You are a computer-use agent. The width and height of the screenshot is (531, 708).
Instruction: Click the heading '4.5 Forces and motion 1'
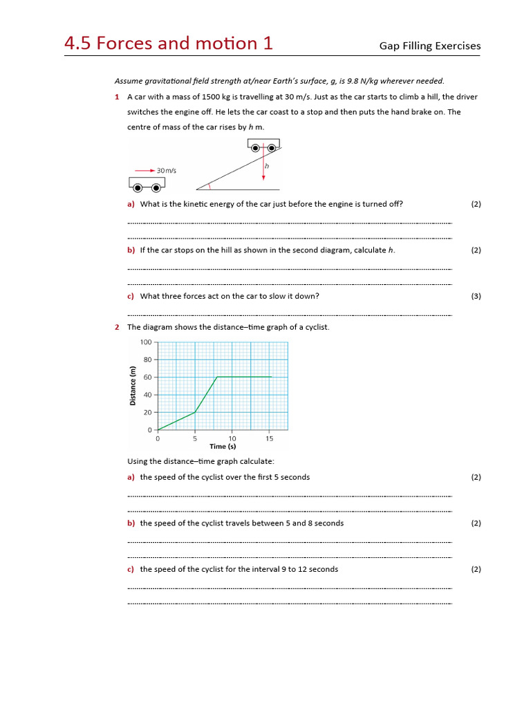tap(168, 44)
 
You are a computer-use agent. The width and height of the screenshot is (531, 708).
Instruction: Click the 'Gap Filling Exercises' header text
tap(429, 46)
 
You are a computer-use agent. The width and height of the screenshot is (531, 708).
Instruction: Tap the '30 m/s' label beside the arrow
tap(167, 170)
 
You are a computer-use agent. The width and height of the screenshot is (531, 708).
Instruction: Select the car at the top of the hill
tap(264, 145)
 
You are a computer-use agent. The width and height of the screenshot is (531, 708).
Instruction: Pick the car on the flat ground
tap(147, 184)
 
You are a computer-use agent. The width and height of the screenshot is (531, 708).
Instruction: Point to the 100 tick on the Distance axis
tap(146, 342)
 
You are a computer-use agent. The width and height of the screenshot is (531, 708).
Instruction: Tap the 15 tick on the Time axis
tap(270, 438)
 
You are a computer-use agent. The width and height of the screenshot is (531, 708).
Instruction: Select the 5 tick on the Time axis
tap(195, 438)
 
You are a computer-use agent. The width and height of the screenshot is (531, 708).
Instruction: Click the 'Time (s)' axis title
tap(223, 447)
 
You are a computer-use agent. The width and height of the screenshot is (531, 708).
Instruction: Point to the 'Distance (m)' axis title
tap(133, 386)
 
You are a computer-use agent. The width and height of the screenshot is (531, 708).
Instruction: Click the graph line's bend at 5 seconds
tap(195, 413)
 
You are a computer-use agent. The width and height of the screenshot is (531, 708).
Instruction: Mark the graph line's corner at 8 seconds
tap(217, 377)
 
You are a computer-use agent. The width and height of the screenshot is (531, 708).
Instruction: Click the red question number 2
tap(117, 327)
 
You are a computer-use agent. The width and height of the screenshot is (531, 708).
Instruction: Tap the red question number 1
tap(117, 97)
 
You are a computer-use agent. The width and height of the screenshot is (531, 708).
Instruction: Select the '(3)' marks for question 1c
tap(476, 296)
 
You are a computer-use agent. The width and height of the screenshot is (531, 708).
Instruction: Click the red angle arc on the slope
tap(210, 185)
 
